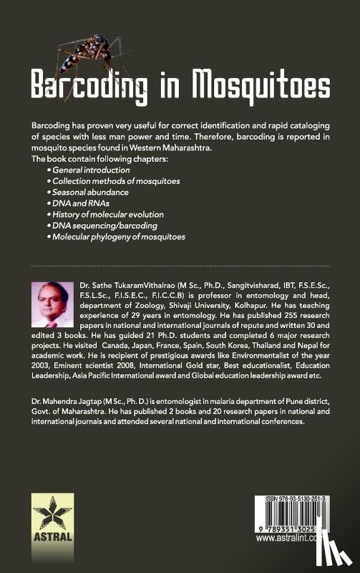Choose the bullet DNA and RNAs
tap(79, 203)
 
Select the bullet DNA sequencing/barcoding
tap(105, 225)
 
